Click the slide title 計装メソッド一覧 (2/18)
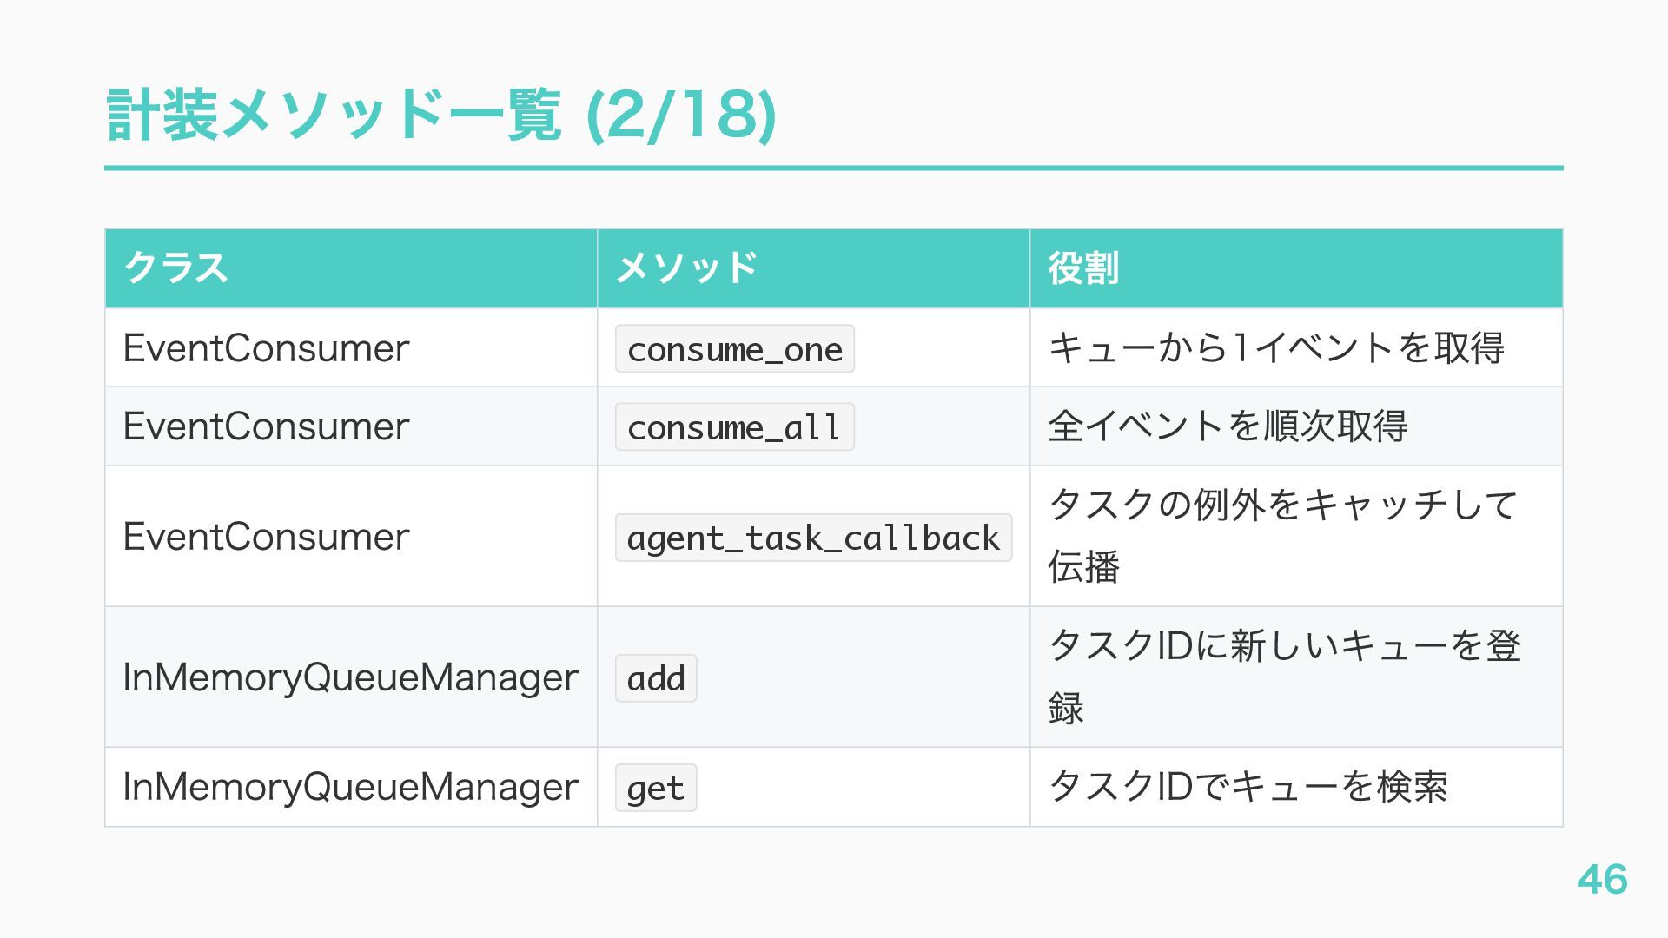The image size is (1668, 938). click(440, 116)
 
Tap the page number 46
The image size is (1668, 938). click(1602, 879)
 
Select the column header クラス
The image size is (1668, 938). click(176, 268)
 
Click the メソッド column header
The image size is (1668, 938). click(686, 268)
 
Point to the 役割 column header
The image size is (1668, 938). click(1082, 268)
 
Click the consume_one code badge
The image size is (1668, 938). click(734, 349)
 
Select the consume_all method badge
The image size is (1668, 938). click(734, 427)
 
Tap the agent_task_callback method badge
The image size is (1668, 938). click(813, 538)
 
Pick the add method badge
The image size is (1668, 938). click(656, 678)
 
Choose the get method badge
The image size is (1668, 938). click(656, 788)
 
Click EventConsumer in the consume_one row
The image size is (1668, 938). click(266, 348)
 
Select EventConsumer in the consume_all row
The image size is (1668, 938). click(266, 426)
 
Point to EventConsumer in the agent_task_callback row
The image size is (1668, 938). click(266, 537)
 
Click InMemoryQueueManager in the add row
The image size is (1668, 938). click(350, 677)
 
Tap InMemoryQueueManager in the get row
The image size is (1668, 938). click(350, 787)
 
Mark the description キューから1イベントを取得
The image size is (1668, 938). click(1275, 348)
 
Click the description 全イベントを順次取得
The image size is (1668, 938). click(1227, 426)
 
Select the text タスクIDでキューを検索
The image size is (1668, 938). click(1248, 787)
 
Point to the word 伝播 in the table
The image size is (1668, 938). click(1083, 567)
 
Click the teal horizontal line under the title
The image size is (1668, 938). click(834, 168)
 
